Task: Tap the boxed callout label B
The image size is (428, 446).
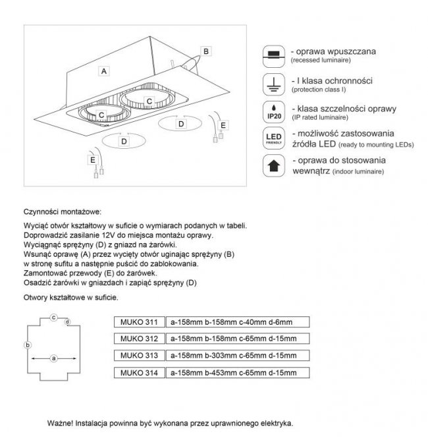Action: (x=205, y=51)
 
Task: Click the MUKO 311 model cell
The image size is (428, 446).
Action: (x=137, y=322)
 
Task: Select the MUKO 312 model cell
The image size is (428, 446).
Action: (x=137, y=339)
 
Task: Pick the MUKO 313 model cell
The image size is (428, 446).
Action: (x=137, y=356)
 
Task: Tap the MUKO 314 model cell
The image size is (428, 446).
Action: (x=137, y=373)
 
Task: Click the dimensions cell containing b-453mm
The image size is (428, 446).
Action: (x=235, y=373)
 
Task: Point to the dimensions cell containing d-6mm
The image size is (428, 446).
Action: (x=235, y=322)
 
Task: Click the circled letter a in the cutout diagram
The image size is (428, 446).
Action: (x=53, y=358)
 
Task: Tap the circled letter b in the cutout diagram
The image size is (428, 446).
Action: (x=26, y=345)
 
